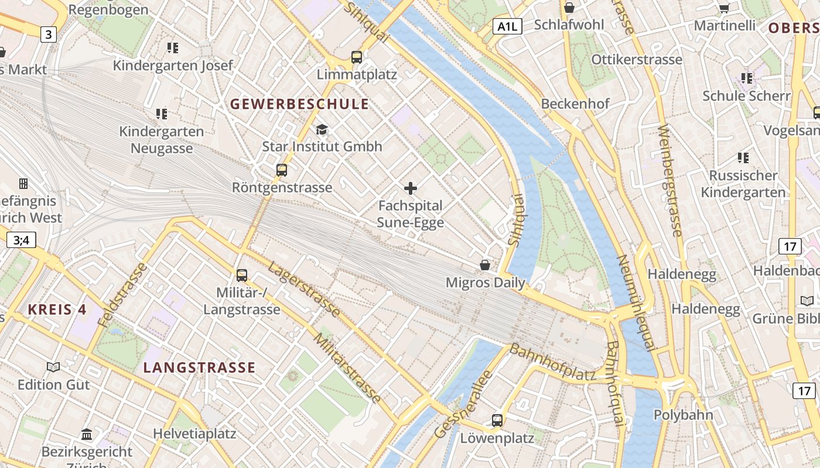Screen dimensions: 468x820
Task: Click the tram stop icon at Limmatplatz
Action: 357,57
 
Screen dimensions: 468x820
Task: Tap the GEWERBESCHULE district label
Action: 299,105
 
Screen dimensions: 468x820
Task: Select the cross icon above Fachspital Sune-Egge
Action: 411,188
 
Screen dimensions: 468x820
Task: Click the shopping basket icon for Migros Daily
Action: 485,265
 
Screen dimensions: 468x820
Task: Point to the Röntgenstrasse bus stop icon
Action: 282,170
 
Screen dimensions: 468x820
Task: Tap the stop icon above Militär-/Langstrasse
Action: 241,275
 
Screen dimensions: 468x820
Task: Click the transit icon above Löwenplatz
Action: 497,420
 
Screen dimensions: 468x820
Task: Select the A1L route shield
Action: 507,26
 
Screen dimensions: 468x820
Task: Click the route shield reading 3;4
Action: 21,240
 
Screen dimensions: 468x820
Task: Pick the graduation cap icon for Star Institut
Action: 322,129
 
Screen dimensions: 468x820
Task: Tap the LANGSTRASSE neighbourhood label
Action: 199,368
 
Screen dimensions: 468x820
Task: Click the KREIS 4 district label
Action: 57,309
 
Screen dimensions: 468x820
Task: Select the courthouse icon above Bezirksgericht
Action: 87,434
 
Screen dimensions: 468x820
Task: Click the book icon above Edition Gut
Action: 53,367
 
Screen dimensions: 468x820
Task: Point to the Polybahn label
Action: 684,415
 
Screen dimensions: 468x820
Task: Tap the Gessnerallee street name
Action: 463,404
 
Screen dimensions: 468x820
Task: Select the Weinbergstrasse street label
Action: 670,181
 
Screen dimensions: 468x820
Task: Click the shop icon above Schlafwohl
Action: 569,8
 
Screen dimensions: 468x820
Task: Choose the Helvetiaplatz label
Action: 194,433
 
